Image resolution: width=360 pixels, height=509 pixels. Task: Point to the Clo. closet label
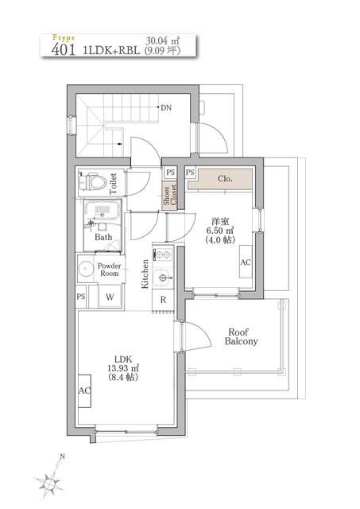click(225, 179)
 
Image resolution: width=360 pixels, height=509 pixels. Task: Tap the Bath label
click(103, 237)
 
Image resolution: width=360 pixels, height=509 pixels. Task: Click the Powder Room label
click(108, 269)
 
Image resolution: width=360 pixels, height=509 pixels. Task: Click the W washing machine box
click(109, 297)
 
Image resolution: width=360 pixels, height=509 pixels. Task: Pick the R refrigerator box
click(163, 300)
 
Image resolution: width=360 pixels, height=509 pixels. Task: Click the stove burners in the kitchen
click(163, 254)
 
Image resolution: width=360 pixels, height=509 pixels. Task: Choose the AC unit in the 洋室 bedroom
click(246, 262)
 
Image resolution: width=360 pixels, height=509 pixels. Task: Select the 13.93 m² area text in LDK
click(123, 368)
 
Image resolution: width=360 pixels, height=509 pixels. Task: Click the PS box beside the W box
click(81, 297)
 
